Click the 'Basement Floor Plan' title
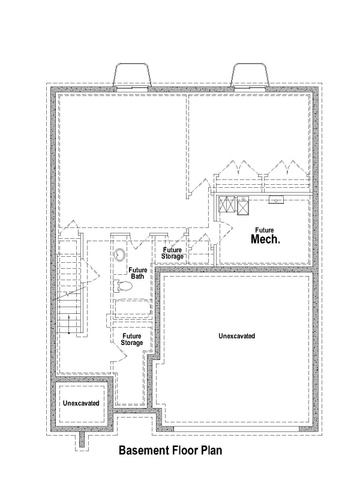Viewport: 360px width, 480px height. pyautogui.click(x=170, y=451)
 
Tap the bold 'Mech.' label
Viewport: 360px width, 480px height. pyautogui.click(x=265, y=239)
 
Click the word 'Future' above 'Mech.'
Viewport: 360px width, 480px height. pyautogui.click(x=265, y=230)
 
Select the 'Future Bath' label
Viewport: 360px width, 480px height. pyautogui.click(x=137, y=273)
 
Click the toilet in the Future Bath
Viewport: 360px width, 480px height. pyautogui.click(x=123, y=286)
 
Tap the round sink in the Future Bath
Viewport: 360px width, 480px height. pyautogui.click(x=120, y=255)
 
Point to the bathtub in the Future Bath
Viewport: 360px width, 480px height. pyautogui.click(x=132, y=307)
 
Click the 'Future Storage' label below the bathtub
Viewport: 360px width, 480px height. pyautogui.click(x=132, y=339)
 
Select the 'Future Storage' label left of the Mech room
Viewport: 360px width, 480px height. pyautogui.click(x=172, y=253)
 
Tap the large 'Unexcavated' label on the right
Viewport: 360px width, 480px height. pyautogui.click(x=237, y=336)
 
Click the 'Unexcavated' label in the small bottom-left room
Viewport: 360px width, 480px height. pyautogui.click(x=81, y=403)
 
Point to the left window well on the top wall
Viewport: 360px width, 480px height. pyautogui.click(x=132, y=75)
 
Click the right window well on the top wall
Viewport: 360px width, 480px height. pyautogui.click(x=250, y=75)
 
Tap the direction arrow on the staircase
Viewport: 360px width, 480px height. pyautogui.click(x=69, y=324)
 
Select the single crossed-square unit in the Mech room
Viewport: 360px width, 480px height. pyautogui.click(x=243, y=206)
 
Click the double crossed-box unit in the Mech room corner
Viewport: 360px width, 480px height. pyautogui.click(x=226, y=204)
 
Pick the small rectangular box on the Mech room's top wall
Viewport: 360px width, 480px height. pyautogui.click(x=276, y=199)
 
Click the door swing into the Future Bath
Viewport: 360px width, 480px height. pyautogui.click(x=138, y=241)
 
